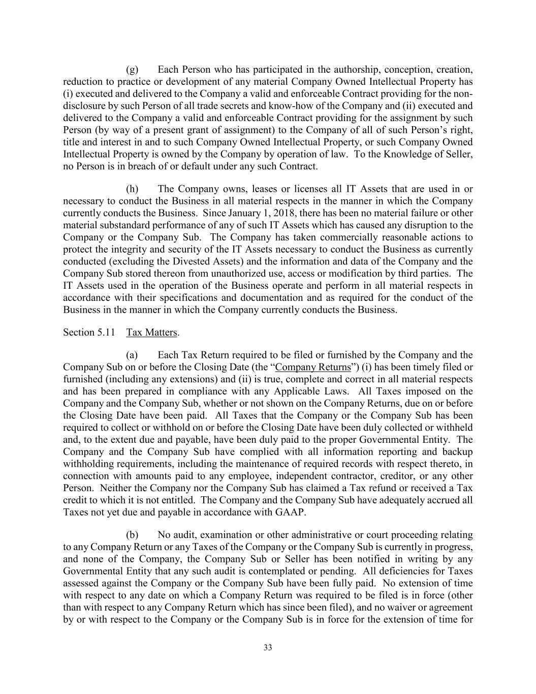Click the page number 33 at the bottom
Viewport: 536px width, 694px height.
coord(268,647)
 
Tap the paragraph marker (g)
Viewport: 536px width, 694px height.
coord(132,69)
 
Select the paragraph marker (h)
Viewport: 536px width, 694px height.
coord(132,189)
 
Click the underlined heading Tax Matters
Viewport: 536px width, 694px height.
coord(152,333)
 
